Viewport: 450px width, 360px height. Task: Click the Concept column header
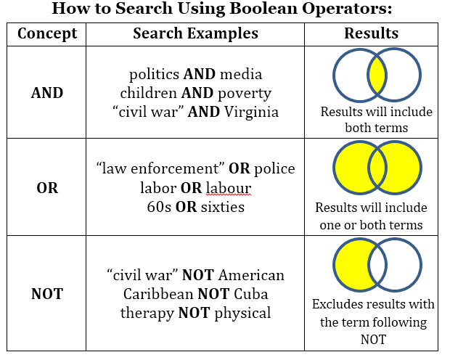pos(47,33)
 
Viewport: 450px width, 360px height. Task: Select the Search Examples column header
pos(195,33)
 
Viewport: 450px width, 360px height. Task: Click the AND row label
pos(47,93)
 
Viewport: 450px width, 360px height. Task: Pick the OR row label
pos(47,187)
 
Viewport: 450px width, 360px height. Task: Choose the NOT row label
pos(47,294)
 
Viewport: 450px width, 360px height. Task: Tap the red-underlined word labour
pos(229,188)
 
